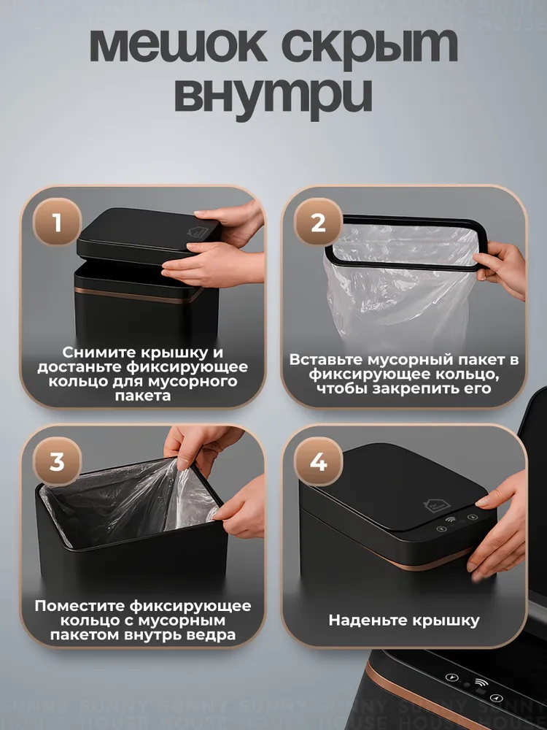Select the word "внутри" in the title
[x=273, y=96]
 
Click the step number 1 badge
[x=57, y=222]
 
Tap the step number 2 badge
[x=318, y=222]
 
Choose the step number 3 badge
[x=57, y=462]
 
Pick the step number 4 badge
[x=318, y=462]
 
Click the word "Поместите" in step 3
[x=79, y=606]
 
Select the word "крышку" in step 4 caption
[x=443, y=621]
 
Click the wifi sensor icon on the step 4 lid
[x=451, y=520]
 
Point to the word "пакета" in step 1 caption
[x=143, y=396]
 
